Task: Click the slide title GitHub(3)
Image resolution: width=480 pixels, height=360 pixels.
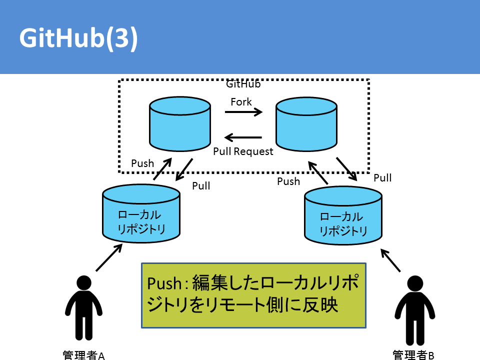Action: (78, 38)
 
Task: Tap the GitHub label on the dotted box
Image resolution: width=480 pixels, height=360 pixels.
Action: (243, 84)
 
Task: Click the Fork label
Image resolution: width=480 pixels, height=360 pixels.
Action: (241, 101)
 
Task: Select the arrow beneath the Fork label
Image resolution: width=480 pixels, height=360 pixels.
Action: (243, 112)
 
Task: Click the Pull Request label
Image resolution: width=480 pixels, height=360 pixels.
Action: (243, 151)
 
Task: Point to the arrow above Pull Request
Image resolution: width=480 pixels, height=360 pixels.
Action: (243, 137)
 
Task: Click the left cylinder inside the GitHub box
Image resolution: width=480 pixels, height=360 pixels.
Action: (180, 124)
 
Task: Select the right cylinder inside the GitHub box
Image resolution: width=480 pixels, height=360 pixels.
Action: (306, 124)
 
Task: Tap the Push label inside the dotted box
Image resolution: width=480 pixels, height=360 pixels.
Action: (142, 163)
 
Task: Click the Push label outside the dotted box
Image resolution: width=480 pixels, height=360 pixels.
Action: (288, 181)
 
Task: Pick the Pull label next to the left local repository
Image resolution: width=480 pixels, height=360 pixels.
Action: (201, 186)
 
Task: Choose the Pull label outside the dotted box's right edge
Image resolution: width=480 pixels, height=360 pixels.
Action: (382, 178)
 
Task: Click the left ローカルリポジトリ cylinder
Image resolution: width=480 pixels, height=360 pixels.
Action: (141, 213)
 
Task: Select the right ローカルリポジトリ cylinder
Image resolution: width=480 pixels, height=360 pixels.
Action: (343, 215)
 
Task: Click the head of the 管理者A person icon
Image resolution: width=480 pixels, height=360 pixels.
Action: (84, 283)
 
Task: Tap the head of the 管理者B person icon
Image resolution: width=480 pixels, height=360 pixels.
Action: (415, 283)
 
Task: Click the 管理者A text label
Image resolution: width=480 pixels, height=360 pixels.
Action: (83, 355)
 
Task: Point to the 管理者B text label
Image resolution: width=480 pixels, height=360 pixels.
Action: (413, 355)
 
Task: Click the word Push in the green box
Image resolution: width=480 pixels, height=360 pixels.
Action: (164, 283)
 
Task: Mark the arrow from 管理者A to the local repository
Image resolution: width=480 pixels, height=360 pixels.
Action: (109, 257)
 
